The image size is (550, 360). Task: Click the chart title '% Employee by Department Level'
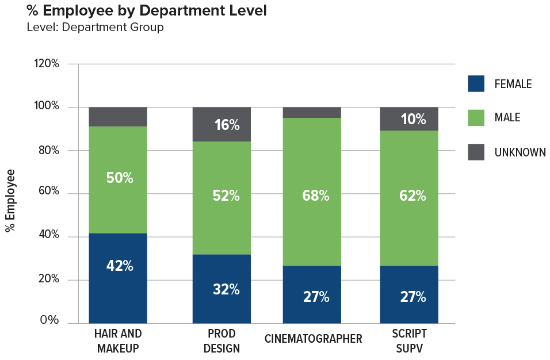[x=147, y=11]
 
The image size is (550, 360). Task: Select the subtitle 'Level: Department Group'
[x=95, y=27]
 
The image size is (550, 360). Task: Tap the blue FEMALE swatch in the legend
[x=476, y=84]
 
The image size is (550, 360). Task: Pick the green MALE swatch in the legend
[x=476, y=117]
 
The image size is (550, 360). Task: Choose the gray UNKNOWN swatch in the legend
[x=476, y=152]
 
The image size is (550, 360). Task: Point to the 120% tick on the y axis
[x=47, y=64]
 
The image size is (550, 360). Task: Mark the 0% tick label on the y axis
[x=49, y=320]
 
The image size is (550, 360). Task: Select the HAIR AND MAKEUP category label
[x=118, y=341]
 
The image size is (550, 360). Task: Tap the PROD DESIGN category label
[x=221, y=341]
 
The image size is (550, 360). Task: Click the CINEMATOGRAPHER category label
[x=313, y=339]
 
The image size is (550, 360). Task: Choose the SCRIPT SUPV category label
[x=409, y=341]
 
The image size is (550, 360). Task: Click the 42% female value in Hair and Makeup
[x=120, y=266]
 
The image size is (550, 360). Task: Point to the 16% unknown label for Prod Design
[x=227, y=125]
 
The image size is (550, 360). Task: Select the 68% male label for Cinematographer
[x=315, y=196]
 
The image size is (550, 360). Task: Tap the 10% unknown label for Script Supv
[x=413, y=120]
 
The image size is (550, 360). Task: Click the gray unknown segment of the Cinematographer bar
[x=312, y=112]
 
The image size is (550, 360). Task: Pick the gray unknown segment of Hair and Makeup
[x=118, y=117]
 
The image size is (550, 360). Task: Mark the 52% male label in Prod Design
[x=226, y=196]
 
